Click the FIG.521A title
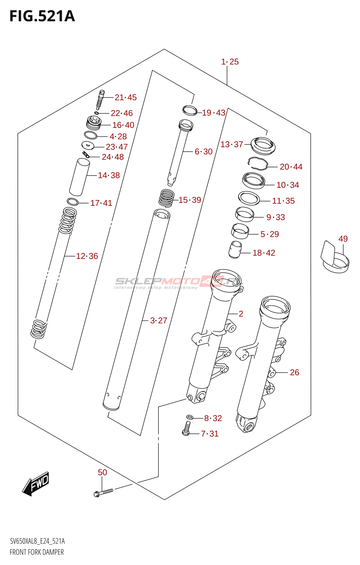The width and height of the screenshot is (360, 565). (x=42, y=16)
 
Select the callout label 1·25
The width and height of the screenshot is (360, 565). (x=230, y=62)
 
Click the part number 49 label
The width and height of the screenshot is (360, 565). (x=343, y=239)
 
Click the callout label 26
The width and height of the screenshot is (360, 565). (x=294, y=372)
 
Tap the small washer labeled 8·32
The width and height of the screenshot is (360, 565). (x=190, y=417)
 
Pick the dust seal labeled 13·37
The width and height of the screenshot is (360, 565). (x=263, y=145)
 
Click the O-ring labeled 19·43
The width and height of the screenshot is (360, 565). (x=190, y=110)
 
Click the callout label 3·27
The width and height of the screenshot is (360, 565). (x=158, y=320)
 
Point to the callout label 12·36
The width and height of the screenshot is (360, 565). (x=87, y=256)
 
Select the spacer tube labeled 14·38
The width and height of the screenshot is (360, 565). (x=79, y=177)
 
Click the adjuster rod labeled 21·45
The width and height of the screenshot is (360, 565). (x=100, y=100)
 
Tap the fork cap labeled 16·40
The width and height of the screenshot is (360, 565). (x=94, y=123)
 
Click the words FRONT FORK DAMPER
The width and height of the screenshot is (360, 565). (x=37, y=552)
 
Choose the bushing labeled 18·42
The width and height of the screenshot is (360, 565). (x=235, y=250)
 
